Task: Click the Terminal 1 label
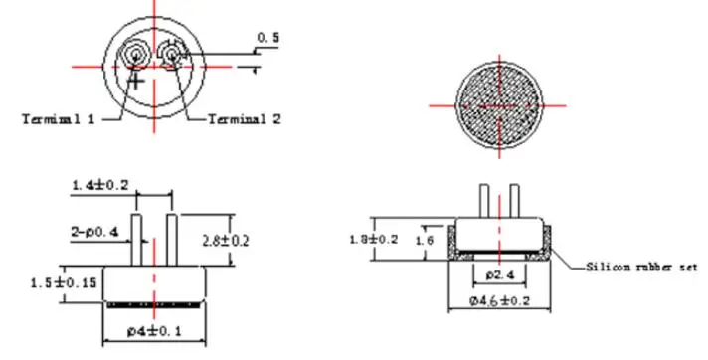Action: [59, 119]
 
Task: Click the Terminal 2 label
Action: [245, 119]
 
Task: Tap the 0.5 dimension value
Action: [268, 38]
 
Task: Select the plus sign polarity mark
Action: [136, 81]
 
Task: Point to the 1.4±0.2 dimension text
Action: [100, 185]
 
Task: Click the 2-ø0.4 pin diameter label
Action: [94, 232]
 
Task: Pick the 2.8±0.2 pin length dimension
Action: [226, 241]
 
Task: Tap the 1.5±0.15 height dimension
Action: [64, 283]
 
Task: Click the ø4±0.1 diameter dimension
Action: [154, 331]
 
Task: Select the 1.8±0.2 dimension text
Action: [374, 239]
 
